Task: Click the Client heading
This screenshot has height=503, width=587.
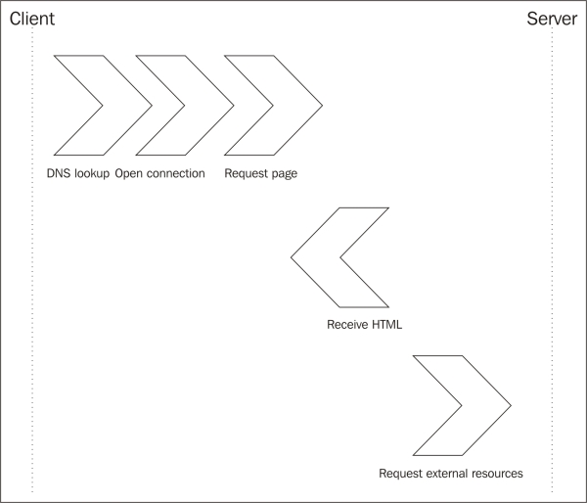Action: click(x=31, y=19)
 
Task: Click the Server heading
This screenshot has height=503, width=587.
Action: click(x=552, y=19)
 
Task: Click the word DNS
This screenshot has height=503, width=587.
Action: click(x=59, y=174)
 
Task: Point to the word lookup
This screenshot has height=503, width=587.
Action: click(x=92, y=174)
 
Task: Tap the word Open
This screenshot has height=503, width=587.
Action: click(x=130, y=174)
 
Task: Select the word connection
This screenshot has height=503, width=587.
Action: click(x=176, y=174)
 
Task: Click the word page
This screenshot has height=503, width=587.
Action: click(x=284, y=174)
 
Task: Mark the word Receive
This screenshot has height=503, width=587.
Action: click(x=347, y=324)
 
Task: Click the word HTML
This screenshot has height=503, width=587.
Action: click(x=387, y=324)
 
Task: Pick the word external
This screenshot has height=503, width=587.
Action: click(x=446, y=474)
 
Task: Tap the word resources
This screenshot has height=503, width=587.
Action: click(x=498, y=474)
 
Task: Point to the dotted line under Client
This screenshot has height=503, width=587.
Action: click(x=32, y=294)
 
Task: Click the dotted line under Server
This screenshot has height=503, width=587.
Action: click(x=553, y=294)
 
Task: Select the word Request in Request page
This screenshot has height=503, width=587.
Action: click(x=246, y=174)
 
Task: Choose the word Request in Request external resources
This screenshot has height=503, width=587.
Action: click(x=400, y=474)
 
